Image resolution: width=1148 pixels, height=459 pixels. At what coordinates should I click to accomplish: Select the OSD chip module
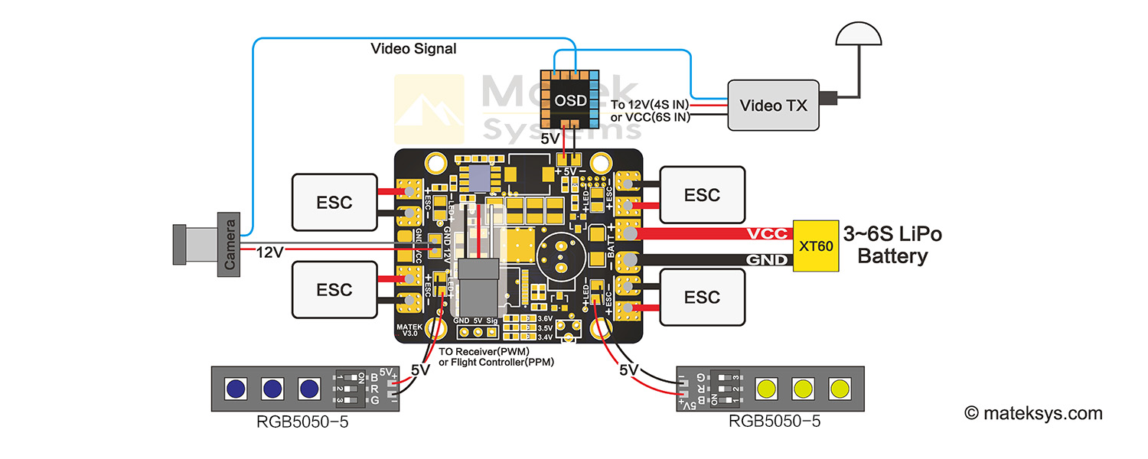[x=569, y=100]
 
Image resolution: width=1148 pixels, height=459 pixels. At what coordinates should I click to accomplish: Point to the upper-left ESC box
[x=334, y=202]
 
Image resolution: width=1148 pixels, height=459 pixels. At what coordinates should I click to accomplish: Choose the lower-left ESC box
[x=334, y=289]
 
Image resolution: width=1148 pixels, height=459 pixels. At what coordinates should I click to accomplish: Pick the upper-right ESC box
[x=702, y=195]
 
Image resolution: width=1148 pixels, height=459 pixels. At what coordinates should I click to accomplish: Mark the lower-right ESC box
[x=702, y=297]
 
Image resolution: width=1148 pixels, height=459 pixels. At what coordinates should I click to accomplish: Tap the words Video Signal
[x=413, y=49]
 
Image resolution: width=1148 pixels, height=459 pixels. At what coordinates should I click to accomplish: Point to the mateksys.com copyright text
[x=1033, y=413]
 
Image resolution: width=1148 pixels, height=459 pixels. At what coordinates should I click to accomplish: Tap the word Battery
[x=892, y=256]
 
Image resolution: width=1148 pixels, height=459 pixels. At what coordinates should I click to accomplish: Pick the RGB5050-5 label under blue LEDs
[x=301, y=422]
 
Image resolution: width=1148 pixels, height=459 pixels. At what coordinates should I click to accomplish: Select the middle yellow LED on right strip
[x=804, y=388]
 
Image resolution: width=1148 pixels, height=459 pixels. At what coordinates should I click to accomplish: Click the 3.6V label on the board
[x=545, y=318]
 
